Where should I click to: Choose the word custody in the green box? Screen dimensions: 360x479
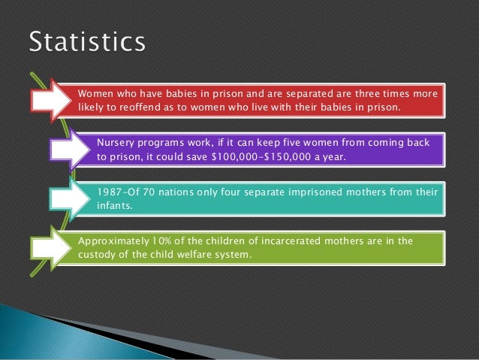[98, 254]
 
